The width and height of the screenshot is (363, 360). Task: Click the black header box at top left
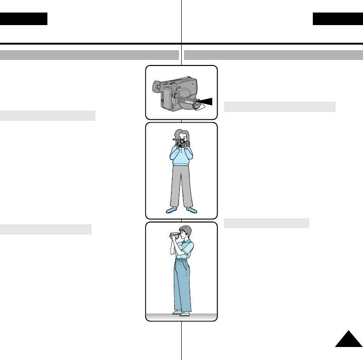pos(24,19)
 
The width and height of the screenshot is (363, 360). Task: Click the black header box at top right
pos(337,19)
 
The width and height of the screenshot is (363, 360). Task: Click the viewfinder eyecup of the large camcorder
pos(157,86)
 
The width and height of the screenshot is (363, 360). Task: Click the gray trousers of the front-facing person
pos(181,186)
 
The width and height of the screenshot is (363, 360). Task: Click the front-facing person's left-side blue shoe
pos(172,210)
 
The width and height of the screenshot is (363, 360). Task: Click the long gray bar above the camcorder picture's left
pos(90,55)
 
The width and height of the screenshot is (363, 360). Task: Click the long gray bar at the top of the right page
pos(273,55)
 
